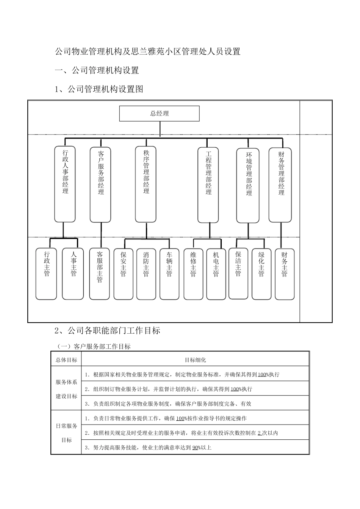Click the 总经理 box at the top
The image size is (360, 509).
159,113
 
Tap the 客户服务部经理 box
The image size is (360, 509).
100,184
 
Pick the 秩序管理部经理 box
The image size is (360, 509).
146,184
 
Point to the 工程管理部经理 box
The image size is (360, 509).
208,184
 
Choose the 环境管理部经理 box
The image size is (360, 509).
248,185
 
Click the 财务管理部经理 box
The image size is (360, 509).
280,184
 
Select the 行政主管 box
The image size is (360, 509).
46,273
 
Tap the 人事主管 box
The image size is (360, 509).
73,273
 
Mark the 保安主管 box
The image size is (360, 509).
124,273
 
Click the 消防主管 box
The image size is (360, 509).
146,273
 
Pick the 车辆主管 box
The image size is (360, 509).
169,273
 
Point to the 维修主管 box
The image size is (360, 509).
193,273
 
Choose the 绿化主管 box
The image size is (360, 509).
261,273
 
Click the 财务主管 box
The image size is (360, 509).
284,273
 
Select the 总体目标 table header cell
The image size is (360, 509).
66,360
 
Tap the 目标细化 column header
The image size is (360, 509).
195,360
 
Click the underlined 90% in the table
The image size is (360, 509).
196,448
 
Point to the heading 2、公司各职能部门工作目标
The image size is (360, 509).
108,331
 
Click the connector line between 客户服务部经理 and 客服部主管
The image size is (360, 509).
101,235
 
